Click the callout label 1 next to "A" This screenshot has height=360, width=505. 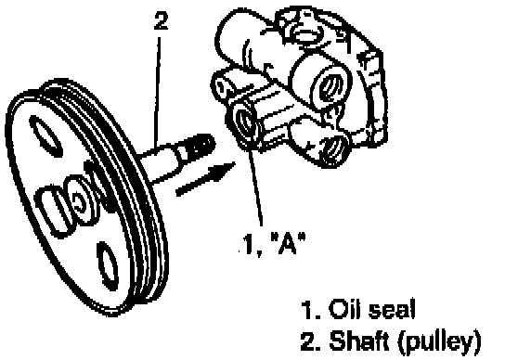(247, 244)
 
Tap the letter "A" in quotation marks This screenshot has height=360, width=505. (287, 243)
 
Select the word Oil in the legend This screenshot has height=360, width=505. (343, 309)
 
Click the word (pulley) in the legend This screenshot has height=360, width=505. (440, 341)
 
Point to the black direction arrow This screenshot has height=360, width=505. (206, 178)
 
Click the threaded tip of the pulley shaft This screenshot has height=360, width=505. (202, 146)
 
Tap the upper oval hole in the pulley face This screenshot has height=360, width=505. (45, 136)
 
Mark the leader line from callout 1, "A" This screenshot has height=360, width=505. (255, 186)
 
